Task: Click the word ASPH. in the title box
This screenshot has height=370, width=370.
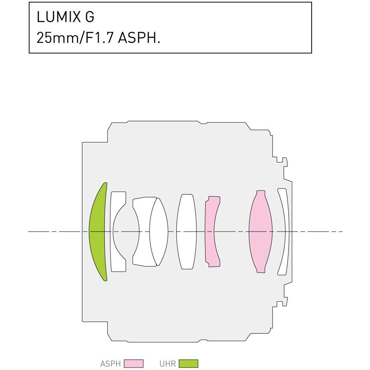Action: click(139, 38)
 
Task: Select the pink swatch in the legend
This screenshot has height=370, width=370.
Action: click(134, 363)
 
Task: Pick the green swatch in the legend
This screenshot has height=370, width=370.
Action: click(188, 363)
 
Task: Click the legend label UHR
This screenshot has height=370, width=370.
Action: click(168, 363)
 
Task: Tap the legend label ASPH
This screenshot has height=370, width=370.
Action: click(110, 363)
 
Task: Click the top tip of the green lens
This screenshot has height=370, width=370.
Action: click(105, 184)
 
